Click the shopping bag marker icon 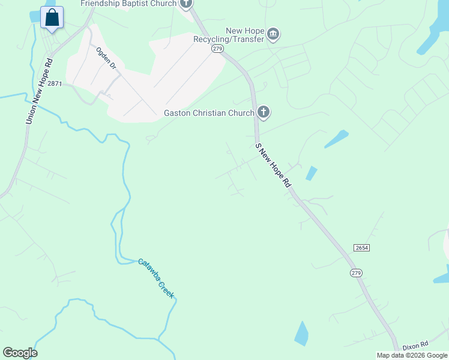[52, 17]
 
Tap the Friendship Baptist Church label [129, 4]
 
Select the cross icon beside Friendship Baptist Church [186, 4]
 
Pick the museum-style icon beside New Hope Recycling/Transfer [273, 34]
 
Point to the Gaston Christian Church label [209, 113]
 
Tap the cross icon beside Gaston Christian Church [263, 112]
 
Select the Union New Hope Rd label [39, 91]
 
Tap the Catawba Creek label [155, 278]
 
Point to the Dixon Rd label [415, 345]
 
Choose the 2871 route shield [55, 84]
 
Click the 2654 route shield [361, 248]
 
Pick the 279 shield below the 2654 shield [356, 273]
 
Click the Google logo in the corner [20, 353]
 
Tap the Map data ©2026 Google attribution [412, 355]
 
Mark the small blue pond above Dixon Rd [301, 334]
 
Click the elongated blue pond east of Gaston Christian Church [337, 139]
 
